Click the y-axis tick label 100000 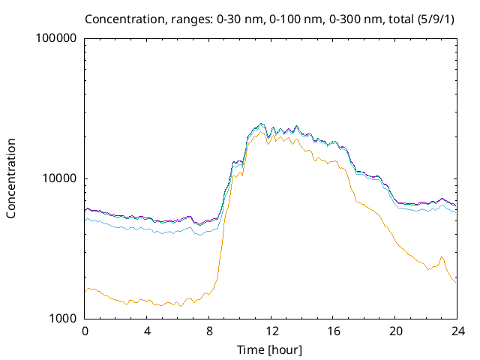(58, 38)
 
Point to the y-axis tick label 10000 (61, 178)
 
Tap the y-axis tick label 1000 (64, 319)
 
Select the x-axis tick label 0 (85, 331)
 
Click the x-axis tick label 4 (147, 331)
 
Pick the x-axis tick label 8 (209, 331)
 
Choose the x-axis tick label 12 (271, 331)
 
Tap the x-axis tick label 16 (334, 331)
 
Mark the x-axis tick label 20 (396, 331)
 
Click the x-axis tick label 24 (457, 331)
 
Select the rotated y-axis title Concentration (11, 178)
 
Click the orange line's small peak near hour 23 (442, 257)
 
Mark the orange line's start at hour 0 (85, 290)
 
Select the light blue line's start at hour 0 (85, 220)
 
